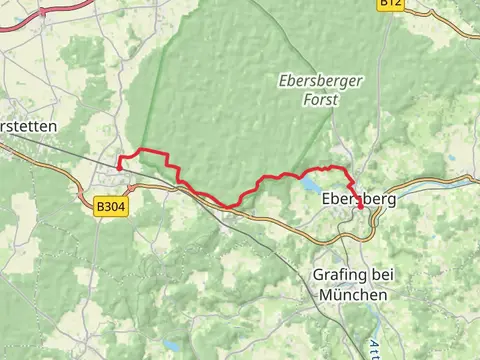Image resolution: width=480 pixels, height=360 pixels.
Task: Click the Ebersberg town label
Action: pyautogui.click(x=360, y=199)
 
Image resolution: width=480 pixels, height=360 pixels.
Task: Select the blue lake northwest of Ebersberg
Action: pyautogui.click(x=311, y=185)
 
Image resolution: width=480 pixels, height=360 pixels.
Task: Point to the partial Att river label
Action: pyautogui.click(x=373, y=348)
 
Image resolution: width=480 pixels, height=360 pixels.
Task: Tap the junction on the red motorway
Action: pyautogui.click(x=45, y=12)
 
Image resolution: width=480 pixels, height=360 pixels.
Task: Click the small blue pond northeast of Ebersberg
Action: pyautogui.click(x=451, y=158)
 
